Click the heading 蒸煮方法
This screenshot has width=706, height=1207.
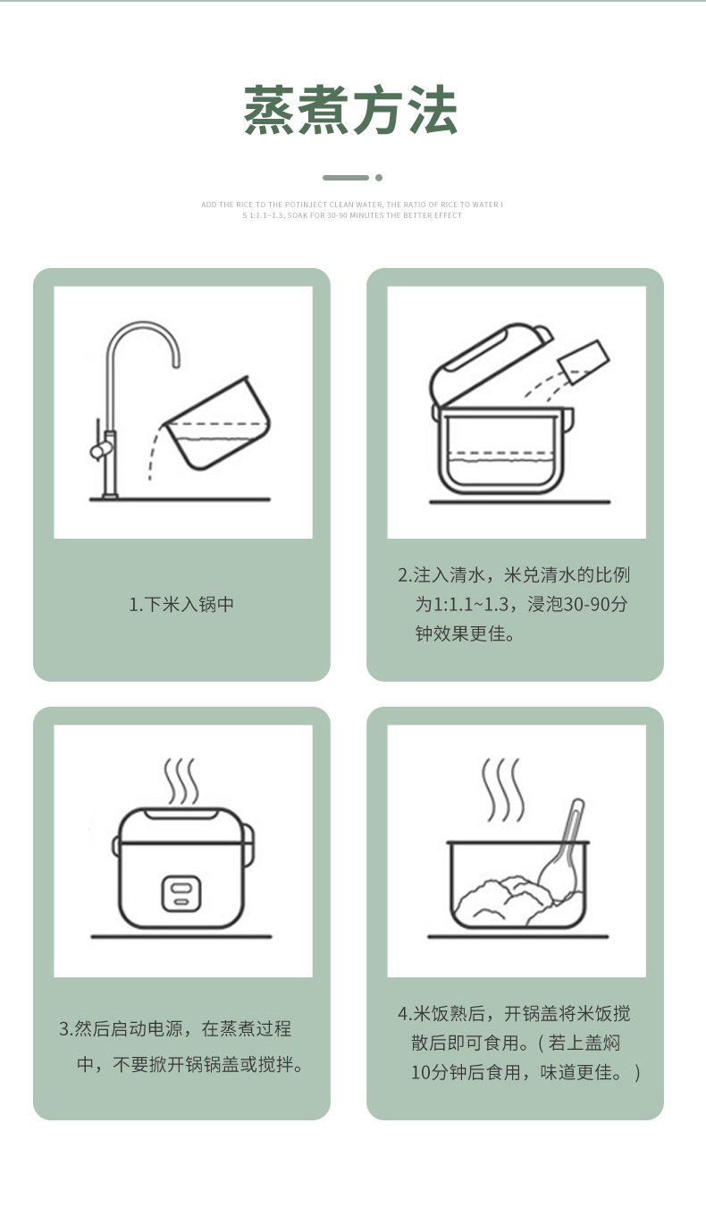[351, 110]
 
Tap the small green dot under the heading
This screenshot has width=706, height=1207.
[379, 178]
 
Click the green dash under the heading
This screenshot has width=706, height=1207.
[346, 178]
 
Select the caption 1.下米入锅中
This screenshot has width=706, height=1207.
[181, 605]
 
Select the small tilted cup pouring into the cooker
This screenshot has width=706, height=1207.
[584, 361]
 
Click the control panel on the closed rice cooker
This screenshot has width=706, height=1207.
[181, 893]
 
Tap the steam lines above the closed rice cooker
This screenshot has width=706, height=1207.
[181, 782]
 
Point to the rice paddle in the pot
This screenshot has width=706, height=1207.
[563, 851]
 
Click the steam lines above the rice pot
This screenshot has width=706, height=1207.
[502, 790]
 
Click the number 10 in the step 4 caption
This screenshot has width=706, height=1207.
[420, 1073]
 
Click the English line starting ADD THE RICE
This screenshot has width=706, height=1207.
[352, 205]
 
